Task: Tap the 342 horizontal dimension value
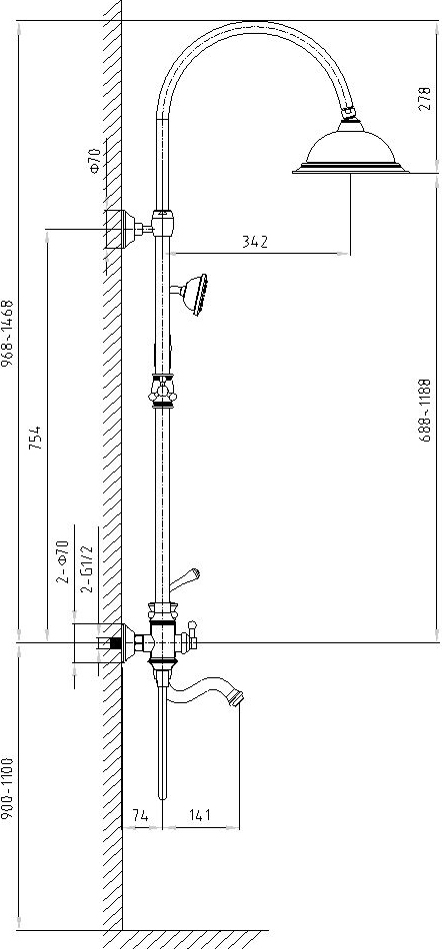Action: pos(255,242)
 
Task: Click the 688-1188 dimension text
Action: pos(425,410)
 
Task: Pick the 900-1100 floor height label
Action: pos(7,788)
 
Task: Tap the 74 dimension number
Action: pos(140,815)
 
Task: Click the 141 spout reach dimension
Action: pos(199,815)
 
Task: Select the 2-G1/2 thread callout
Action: pos(87,568)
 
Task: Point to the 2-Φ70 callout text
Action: pos(63,561)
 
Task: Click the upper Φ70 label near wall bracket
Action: pos(95,161)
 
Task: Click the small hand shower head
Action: pos(194,294)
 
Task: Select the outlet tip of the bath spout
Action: pos(237,699)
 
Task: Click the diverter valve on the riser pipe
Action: pos(162,390)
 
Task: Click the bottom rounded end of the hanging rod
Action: pos(162,796)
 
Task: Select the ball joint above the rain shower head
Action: pos(349,113)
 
